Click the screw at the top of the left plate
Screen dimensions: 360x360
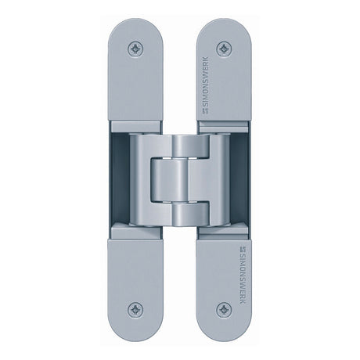pyautogui.click(x=135, y=49)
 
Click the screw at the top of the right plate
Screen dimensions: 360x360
pyautogui.click(x=225, y=49)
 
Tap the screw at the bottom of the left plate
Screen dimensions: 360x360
pyautogui.click(x=135, y=310)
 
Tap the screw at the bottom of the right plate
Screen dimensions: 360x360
pyautogui.click(x=225, y=310)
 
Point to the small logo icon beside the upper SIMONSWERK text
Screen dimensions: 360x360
pyautogui.click(x=206, y=111)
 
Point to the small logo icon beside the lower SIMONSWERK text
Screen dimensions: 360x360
pyautogui.click(x=243, y=249)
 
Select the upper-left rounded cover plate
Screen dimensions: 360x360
pyautogui.click(x=135, y=70)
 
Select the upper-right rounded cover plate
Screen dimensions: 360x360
pyautogui.click(x=224, y=70)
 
